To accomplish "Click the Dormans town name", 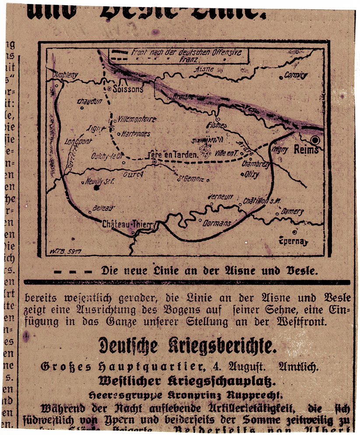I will tap(217, 223).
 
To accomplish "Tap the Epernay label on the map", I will tap(294, 241).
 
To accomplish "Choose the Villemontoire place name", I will tap(137, 119).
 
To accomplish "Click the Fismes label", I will tap(217, 126).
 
